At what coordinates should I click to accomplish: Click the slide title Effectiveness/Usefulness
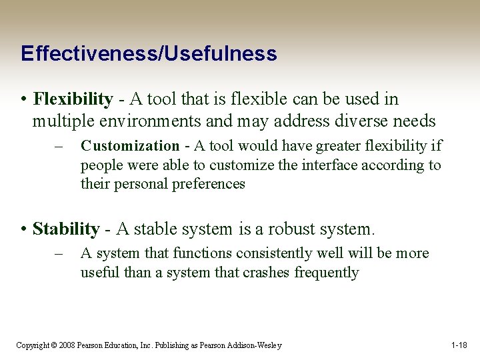148,53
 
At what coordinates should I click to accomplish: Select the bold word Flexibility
73,99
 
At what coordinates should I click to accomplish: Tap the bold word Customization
129,146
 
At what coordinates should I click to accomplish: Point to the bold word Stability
66,229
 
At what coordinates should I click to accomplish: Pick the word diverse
371,121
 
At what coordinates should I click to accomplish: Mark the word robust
293,229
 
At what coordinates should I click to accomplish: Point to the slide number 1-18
459,345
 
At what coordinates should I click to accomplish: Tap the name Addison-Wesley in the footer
257,345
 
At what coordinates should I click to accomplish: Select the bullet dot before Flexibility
23,100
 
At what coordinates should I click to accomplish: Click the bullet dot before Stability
23,230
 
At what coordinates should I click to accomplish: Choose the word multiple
59,121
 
